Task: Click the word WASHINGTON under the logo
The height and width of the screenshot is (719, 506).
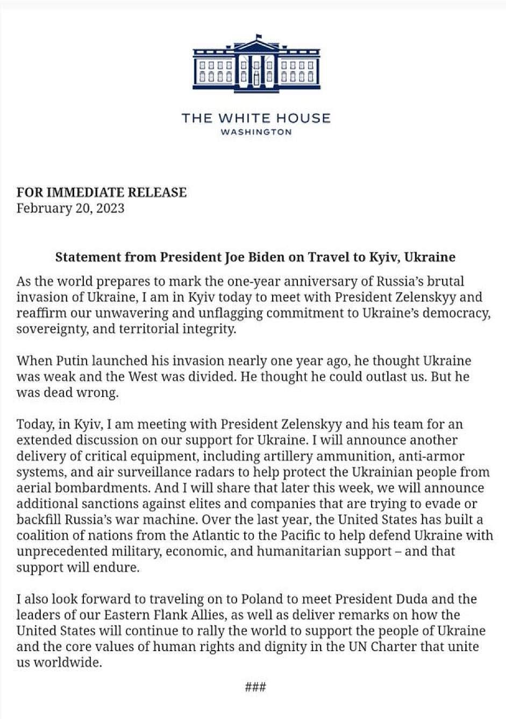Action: (x=256, y=132)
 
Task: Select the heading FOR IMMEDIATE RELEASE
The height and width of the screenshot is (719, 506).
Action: (x=102, y=192)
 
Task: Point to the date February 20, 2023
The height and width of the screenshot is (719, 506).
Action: (x=70, y=208)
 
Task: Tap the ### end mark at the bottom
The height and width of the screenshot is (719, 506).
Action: (x=255, y=687)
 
